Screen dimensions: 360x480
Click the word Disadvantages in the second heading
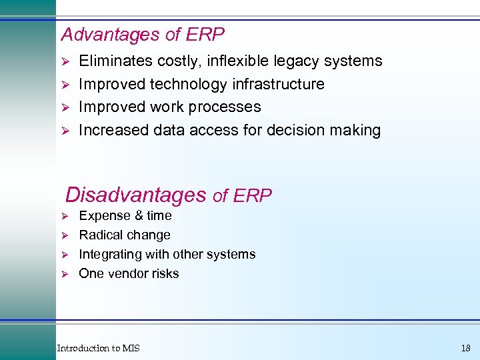click(136, 195)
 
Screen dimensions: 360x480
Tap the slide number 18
click(465, 348)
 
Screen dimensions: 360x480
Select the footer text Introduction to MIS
click(98, 348)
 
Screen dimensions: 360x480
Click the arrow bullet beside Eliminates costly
click(65, 62)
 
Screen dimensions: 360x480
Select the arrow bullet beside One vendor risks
click(65, 274)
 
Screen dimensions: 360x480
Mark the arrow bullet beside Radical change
click(65, 235)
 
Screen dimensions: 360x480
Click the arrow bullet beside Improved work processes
click(65, 107)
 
